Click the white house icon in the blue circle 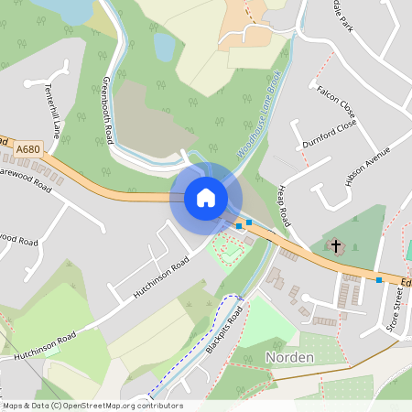point(205,198)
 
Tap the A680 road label point(27,148)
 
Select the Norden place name point(290,356)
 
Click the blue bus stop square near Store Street point(379,280)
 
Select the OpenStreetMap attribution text point(92,406)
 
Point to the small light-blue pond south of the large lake point(164,46)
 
